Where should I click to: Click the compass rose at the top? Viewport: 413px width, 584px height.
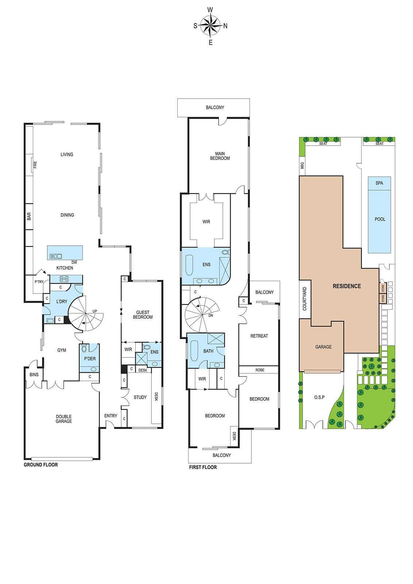tap(210, 26)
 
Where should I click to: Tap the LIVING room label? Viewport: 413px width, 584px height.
tap(67, 154)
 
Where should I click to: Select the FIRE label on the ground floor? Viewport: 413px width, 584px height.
tap(35, 165)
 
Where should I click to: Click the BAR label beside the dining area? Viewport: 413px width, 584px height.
tap(29, 216)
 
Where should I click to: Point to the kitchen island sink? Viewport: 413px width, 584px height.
tap(56, 256)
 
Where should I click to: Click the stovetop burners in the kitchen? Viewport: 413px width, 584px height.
tap(64, 279)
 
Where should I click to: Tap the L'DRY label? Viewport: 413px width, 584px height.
tap(62, 301)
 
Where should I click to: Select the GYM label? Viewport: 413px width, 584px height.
tap(62, 350)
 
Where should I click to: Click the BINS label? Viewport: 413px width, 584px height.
tap(34, 374)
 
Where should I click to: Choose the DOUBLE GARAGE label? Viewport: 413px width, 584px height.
tap(63, 419)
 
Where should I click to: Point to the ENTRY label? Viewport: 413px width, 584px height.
tap(111, 416)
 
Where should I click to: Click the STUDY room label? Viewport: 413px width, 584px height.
tap(140, 397)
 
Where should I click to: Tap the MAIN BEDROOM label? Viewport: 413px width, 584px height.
tap(220, 156)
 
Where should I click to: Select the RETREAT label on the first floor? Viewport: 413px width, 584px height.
tap(259, 336)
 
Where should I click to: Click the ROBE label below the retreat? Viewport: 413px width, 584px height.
tap(260, 370)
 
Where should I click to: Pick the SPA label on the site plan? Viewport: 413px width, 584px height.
tap(379, 183)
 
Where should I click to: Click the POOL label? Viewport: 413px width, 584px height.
tap(380, 219)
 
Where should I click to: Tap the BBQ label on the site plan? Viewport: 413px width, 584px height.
tap(302, 165)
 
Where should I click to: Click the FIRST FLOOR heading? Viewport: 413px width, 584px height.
tap(203, 467)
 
